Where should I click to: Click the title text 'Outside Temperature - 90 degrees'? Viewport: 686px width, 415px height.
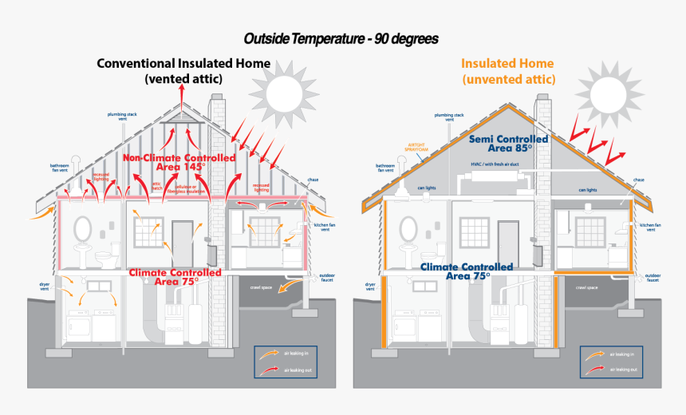[341, 38]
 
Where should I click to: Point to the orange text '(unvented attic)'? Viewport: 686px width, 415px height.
[508, 79]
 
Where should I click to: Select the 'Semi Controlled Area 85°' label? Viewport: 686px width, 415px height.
[508, 144]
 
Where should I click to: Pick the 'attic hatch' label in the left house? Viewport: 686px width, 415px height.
[158, 187]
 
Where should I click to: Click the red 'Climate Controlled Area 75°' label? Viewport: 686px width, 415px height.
[175, 277]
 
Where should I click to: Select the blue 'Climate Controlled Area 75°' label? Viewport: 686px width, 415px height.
[455, 271]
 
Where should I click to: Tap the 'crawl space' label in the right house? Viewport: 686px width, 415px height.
[587, 287]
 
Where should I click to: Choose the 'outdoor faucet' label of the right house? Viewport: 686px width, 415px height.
[652, 278]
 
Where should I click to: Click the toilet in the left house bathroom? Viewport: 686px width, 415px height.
[103, 258]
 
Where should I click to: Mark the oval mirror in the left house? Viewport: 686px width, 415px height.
[82, 229]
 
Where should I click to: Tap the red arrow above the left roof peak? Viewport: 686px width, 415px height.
[181, 93]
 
